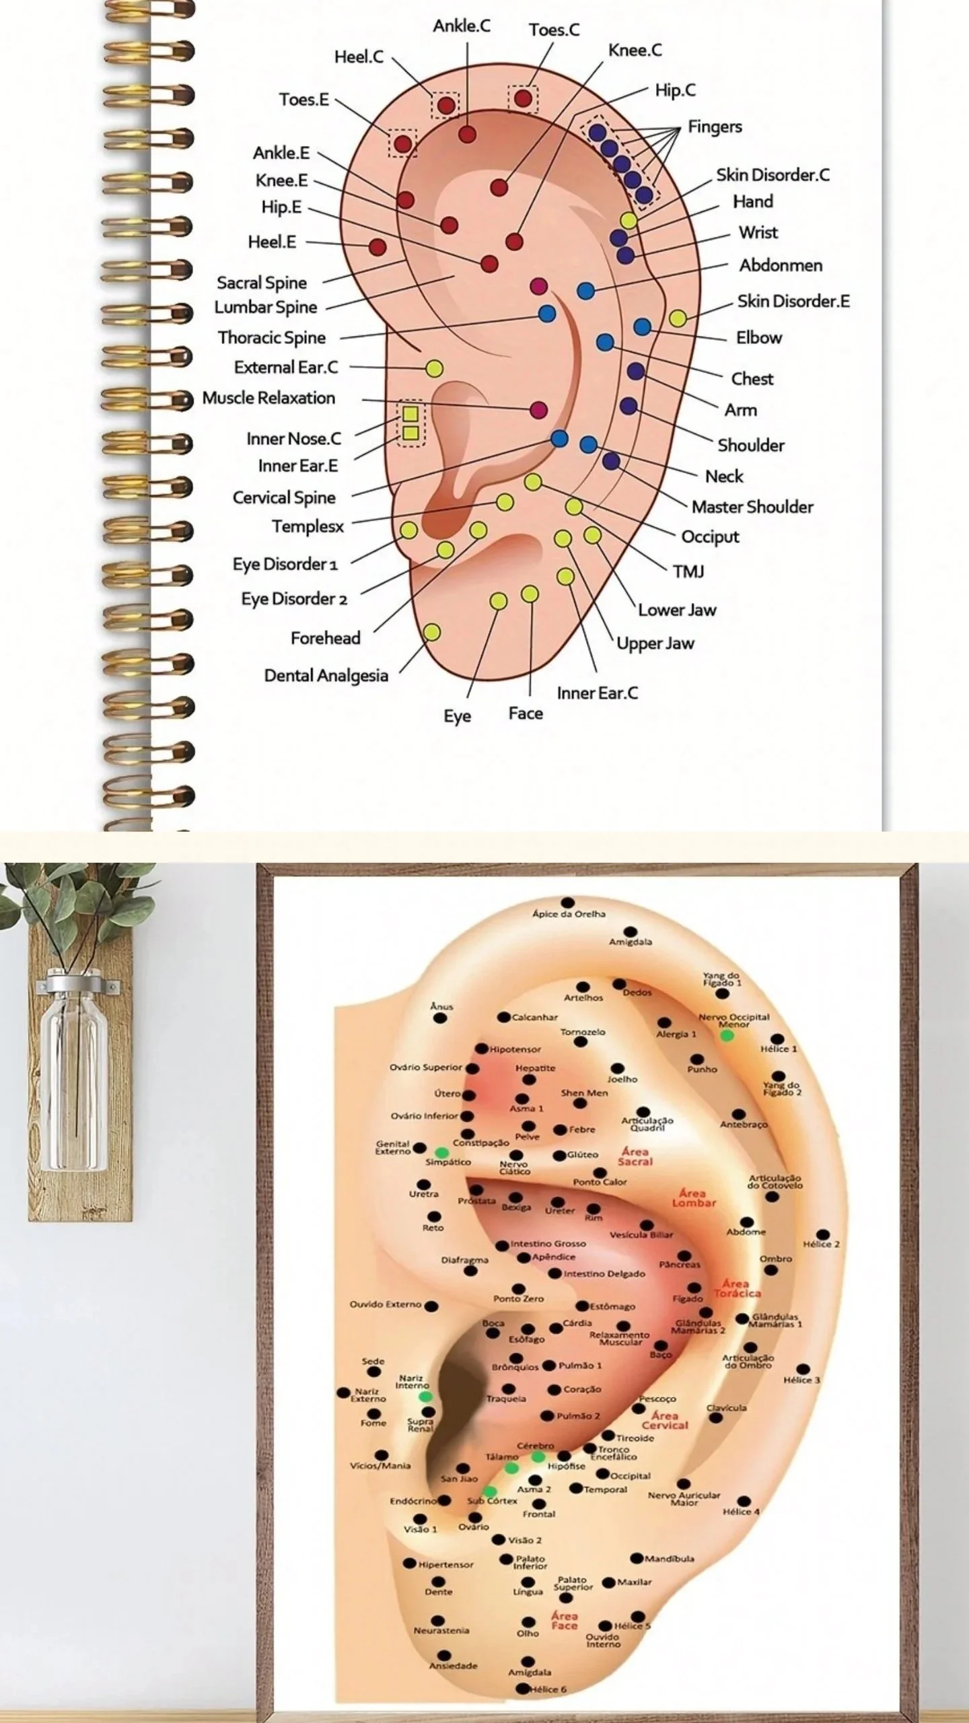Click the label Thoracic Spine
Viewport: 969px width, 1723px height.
[271, 337]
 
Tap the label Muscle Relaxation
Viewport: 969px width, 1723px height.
[268, 398]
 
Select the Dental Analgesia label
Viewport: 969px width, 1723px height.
[326, 675]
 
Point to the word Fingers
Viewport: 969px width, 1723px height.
[715, 127]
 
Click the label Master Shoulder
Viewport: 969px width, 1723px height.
[752, 507]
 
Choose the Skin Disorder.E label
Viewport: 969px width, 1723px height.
[793, 301]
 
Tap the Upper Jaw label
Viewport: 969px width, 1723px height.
[655, 643]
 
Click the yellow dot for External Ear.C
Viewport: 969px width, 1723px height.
[434, 368]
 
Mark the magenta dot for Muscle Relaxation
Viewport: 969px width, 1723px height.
[538, 410]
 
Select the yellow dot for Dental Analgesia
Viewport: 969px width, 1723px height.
[431, 632]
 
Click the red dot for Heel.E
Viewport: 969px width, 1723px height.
[378, 247]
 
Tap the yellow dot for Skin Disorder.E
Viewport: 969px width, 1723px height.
[678, 318]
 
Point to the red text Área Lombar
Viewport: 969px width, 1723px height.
[693, 1198]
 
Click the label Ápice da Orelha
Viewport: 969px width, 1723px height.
[569, 914]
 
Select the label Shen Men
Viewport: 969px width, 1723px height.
[584, 1093]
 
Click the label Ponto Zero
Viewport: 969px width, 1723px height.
[518, 1299]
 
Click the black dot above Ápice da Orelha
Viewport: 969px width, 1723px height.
[568, 902]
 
